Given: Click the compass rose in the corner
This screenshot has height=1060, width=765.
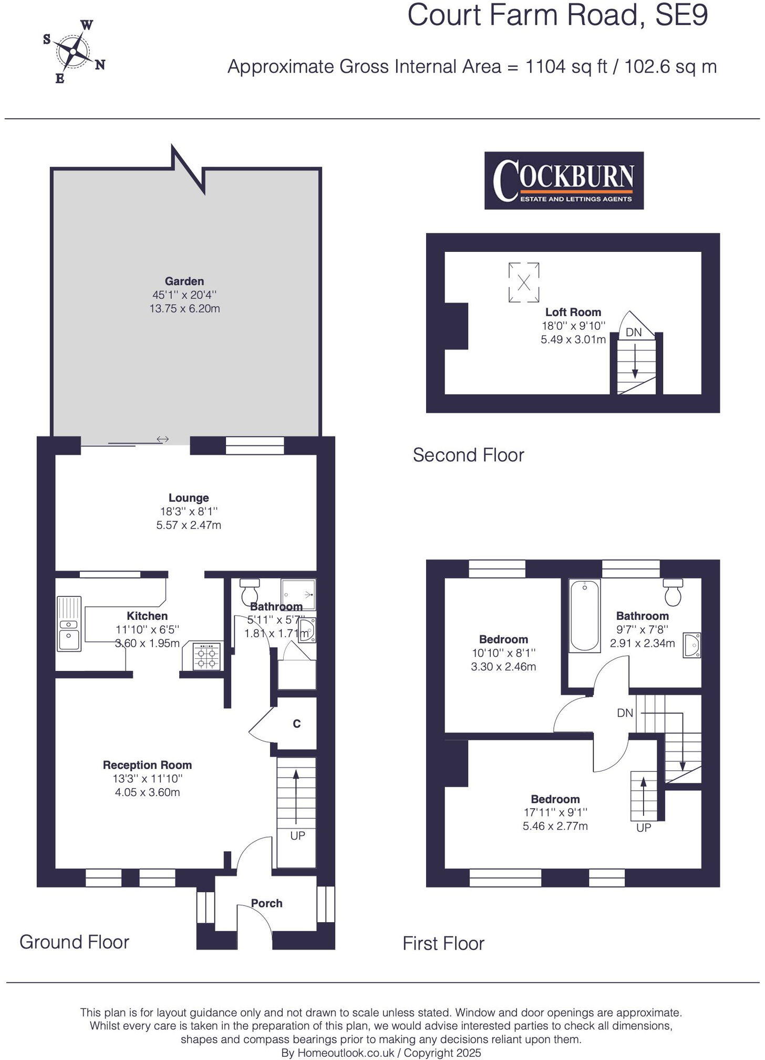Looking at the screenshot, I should (74, 52).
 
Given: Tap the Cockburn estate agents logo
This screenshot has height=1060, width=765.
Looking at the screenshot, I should (564, 180).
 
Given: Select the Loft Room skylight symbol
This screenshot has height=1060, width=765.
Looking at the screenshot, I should (524, 282).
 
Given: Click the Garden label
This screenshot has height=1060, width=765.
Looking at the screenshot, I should (184, 281).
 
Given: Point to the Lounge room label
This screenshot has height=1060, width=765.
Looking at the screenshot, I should (189, 498).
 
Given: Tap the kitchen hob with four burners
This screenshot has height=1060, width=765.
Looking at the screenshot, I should (207, 657).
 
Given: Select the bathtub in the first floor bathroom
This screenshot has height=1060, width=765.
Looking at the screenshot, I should (585, 615).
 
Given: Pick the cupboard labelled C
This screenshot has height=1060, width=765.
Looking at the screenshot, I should (296, 723).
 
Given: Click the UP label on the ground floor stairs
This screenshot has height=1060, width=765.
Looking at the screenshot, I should (297, 835).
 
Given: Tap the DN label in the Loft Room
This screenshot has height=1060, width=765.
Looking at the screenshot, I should (634, 332).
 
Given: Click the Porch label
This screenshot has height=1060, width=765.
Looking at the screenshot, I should (266, 903).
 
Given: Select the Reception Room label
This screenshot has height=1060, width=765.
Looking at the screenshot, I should (147, 765).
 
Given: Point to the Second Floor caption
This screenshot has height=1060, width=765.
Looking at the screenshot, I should (468, 455).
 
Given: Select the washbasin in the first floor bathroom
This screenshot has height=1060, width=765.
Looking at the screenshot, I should (691, 645).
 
